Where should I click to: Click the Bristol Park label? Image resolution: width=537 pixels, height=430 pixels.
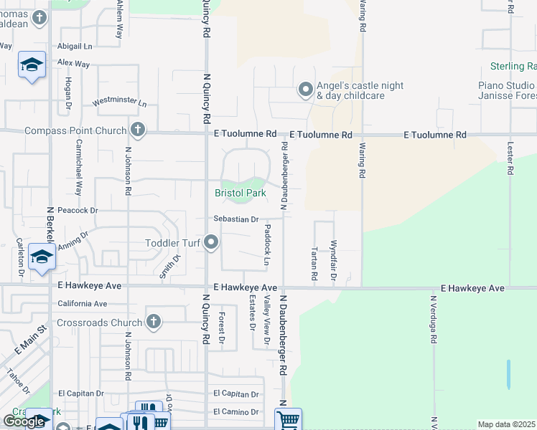241,193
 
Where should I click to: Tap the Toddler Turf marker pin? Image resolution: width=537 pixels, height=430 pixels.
211,243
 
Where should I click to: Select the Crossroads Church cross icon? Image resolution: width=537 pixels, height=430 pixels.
153,322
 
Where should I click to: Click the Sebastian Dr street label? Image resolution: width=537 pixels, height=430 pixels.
235,219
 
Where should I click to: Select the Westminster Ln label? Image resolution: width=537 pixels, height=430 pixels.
119,102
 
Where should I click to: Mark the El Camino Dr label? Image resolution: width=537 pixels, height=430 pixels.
235,411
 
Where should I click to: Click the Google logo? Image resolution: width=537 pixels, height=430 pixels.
24,421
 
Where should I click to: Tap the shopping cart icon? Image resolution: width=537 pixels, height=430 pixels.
288,419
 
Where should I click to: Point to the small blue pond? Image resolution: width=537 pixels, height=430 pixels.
508,373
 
